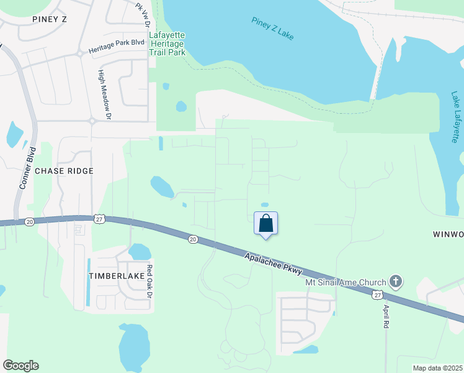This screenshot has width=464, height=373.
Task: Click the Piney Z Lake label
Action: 272,29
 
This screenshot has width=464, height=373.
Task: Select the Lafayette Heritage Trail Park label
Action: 167,44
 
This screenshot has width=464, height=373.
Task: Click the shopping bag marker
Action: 265,224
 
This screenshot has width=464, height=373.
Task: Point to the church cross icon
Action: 395,282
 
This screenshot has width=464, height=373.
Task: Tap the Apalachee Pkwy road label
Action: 273,264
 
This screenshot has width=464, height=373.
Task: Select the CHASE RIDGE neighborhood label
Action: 64,170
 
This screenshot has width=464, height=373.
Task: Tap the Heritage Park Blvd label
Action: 116,47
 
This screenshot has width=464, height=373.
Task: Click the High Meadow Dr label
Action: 103,94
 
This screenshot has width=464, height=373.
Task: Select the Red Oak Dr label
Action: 149,282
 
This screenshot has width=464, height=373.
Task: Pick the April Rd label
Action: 386,316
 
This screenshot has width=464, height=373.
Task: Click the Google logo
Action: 20,366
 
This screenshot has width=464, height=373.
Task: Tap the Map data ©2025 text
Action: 437,368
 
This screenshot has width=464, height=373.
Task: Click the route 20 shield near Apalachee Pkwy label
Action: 192,239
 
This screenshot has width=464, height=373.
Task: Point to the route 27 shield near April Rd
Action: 378,295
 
